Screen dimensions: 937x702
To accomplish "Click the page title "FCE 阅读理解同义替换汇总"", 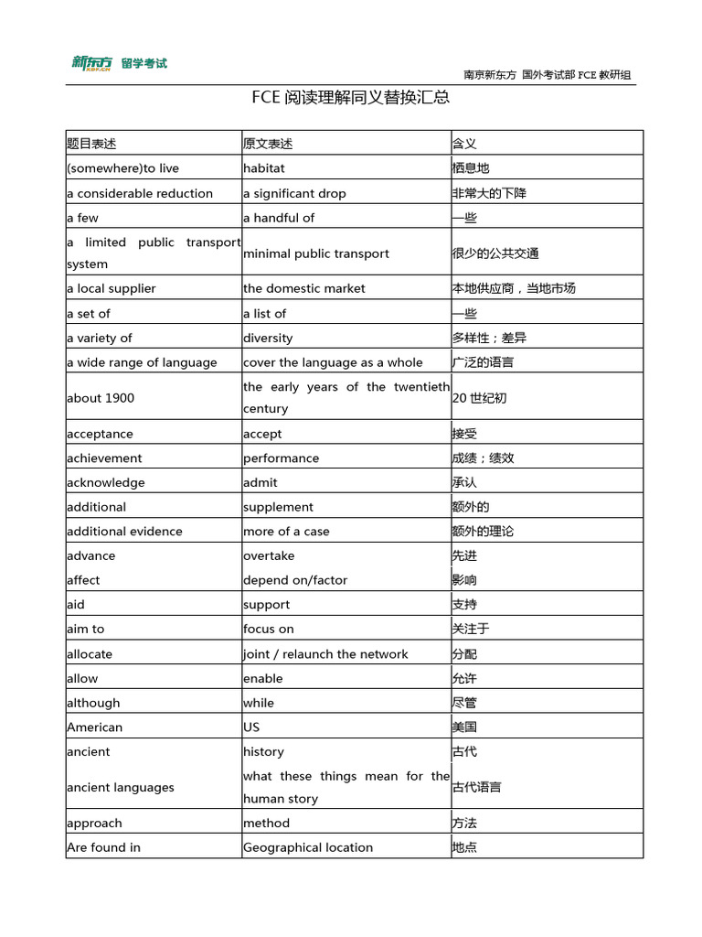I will point(351,97).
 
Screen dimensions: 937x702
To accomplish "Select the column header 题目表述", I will point(91,144).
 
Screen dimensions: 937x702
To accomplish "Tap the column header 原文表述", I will point(268,144).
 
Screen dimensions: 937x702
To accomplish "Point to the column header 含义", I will point(464,144).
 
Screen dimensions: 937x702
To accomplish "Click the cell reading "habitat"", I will point(264,168).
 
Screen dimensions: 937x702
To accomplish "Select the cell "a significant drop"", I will point(294,193).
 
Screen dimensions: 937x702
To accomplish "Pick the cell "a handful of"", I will point(279,218).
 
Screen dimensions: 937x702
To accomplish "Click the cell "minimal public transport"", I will point(316,253).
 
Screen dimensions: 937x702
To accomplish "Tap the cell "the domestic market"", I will point(304,288).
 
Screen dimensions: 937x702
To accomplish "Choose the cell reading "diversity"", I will point(268,338).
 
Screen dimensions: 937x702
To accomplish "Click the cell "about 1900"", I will point(101,398).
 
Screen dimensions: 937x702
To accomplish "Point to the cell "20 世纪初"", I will point(479,398).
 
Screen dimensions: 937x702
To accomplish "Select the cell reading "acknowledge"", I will point(106,482).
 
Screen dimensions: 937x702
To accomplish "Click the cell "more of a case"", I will point(286,532).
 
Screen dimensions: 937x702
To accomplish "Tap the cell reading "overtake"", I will point(269,555).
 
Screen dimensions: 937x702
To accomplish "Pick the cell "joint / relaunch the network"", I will point(325,654).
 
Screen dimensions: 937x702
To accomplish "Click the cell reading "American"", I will point(94,727).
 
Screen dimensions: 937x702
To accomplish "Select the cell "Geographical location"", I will point(308,847).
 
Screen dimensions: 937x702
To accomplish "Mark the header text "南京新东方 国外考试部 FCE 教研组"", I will point(547,75).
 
